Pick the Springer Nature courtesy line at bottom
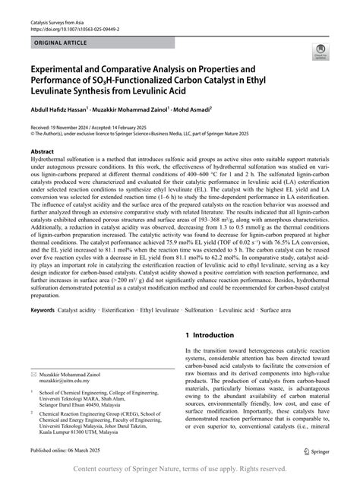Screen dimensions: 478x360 pos(180,469)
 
